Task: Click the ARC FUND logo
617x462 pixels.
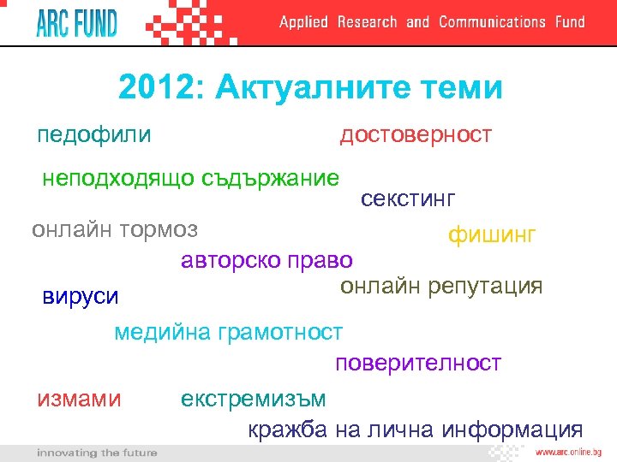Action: click(76, 22)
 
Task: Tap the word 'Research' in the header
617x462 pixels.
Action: click(367, 22)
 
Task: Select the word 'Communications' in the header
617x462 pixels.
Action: click(492, 22)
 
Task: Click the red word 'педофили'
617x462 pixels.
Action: click(94, 134)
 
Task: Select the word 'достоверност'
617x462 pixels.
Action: click(416, 134)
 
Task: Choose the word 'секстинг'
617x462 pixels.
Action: click(408, 199)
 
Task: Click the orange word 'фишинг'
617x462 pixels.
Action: click(492, 234)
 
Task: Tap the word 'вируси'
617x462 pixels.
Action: click(81, 297)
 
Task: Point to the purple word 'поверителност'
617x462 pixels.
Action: click(418, 363)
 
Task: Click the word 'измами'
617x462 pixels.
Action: click(79, 399)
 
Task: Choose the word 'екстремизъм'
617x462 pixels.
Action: click(254, 399)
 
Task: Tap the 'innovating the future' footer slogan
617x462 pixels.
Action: click(97, 453)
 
